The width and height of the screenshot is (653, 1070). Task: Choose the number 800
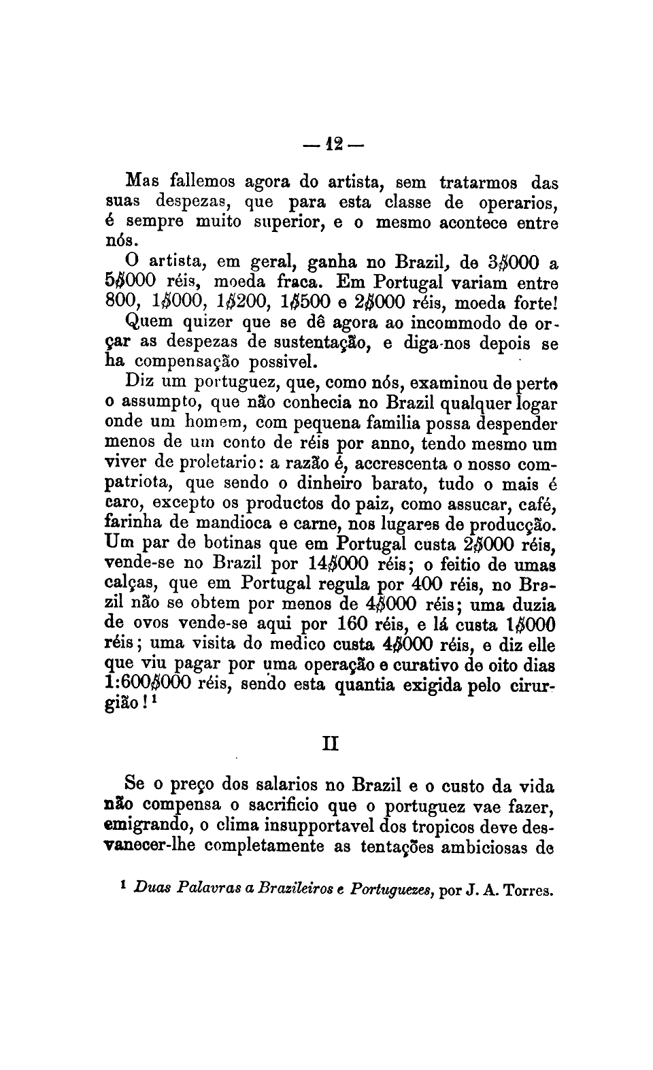[x=123, y=302]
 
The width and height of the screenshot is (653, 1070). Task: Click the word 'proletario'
[x=217, y=464]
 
